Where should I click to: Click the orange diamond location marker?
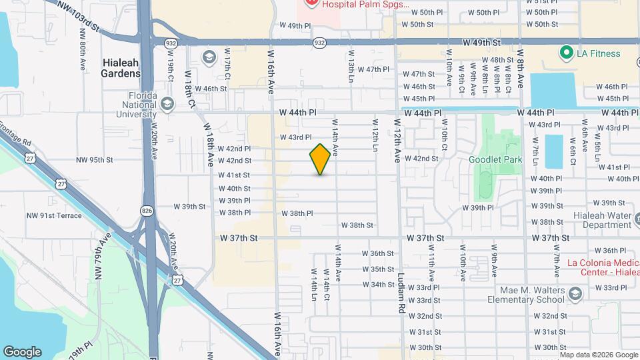coord(321,159)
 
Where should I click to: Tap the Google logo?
coord(22,352)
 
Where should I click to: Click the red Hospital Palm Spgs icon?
coord(311,3)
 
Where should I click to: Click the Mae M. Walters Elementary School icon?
coord(575,293)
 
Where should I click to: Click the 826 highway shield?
coord(147,211)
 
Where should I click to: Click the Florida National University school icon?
coord(167,103)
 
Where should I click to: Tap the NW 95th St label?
coord(95,160)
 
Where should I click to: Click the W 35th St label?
coord(383,269)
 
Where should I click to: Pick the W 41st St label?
coord(235,175)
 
